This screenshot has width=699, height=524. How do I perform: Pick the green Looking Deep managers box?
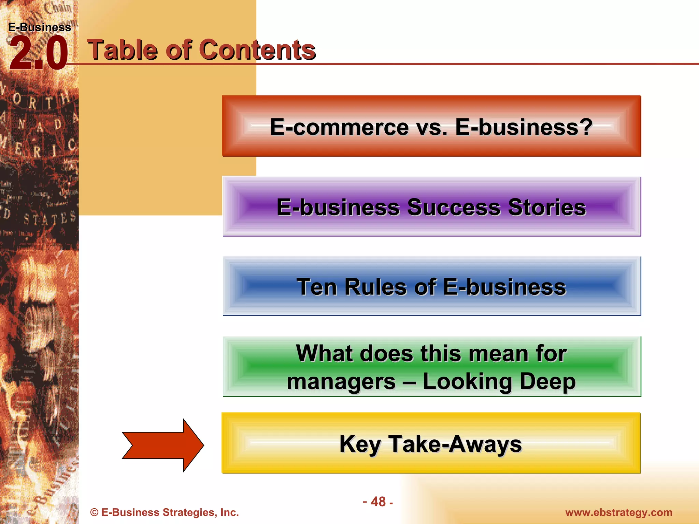pos(431,367)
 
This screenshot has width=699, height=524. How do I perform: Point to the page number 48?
pos(378,502)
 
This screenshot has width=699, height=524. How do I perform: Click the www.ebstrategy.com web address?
pos(618,512)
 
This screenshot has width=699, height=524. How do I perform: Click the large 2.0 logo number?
pos(38,54)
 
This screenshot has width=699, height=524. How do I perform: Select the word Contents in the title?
pos(257,50)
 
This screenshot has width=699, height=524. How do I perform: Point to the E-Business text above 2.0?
pos(40,27)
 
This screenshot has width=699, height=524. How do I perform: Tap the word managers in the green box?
pos(341,381)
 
